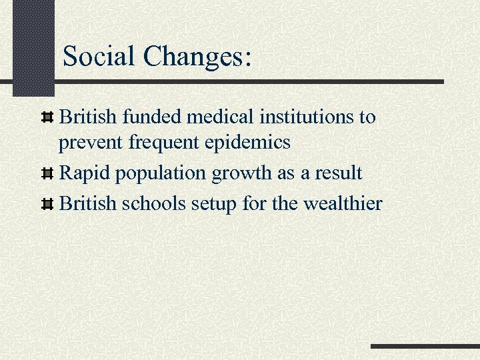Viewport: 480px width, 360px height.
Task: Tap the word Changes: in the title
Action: (197, 57)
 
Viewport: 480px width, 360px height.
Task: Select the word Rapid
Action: (85, 173)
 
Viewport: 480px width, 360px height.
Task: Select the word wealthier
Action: (343, 203)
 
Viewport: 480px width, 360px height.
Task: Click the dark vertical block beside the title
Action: (33, 47)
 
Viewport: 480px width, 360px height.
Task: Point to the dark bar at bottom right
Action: (425, 347)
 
